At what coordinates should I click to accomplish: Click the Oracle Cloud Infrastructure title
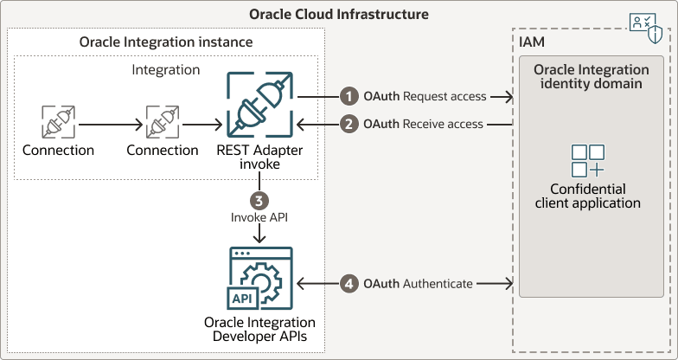click(339, 15)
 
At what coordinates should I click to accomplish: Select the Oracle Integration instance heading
click(166, 42)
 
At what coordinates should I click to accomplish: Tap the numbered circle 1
click(349, 96)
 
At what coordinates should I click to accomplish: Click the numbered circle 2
click(349, 124)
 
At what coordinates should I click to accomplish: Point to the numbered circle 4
click(349, 283)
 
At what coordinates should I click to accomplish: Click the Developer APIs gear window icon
click(259, 278)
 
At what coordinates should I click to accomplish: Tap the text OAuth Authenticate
click(418, 283)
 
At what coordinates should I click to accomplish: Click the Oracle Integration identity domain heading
click(591, 76)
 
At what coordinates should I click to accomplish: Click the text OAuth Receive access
click(423, 124)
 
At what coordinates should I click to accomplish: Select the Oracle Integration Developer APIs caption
click(259, 329)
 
